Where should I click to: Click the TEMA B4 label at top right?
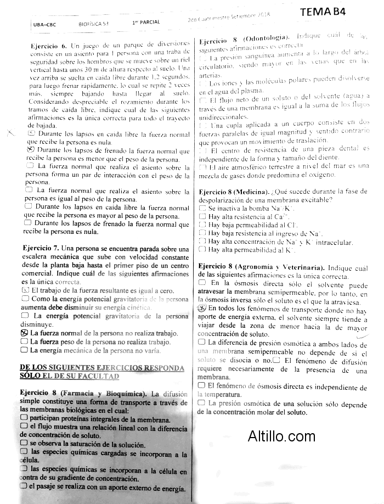click(x=326, y=12)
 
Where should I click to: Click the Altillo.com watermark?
click(x=281, y=437)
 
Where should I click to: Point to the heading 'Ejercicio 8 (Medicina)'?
click(x=233, y=192)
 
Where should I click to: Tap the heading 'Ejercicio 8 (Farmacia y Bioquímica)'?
click(x=83, y=394)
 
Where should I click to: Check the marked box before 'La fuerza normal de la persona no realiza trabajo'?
click(x=24, y=333)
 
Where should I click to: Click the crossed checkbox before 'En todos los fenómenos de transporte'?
click(x=201, y=309)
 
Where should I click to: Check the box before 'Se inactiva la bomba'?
click(x=202, y=209)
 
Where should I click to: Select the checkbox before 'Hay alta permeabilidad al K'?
click(x=202, y=250)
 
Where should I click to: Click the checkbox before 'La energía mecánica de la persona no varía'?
click(x=24, y=349)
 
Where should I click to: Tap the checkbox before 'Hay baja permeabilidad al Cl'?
click(x=202, y=225)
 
